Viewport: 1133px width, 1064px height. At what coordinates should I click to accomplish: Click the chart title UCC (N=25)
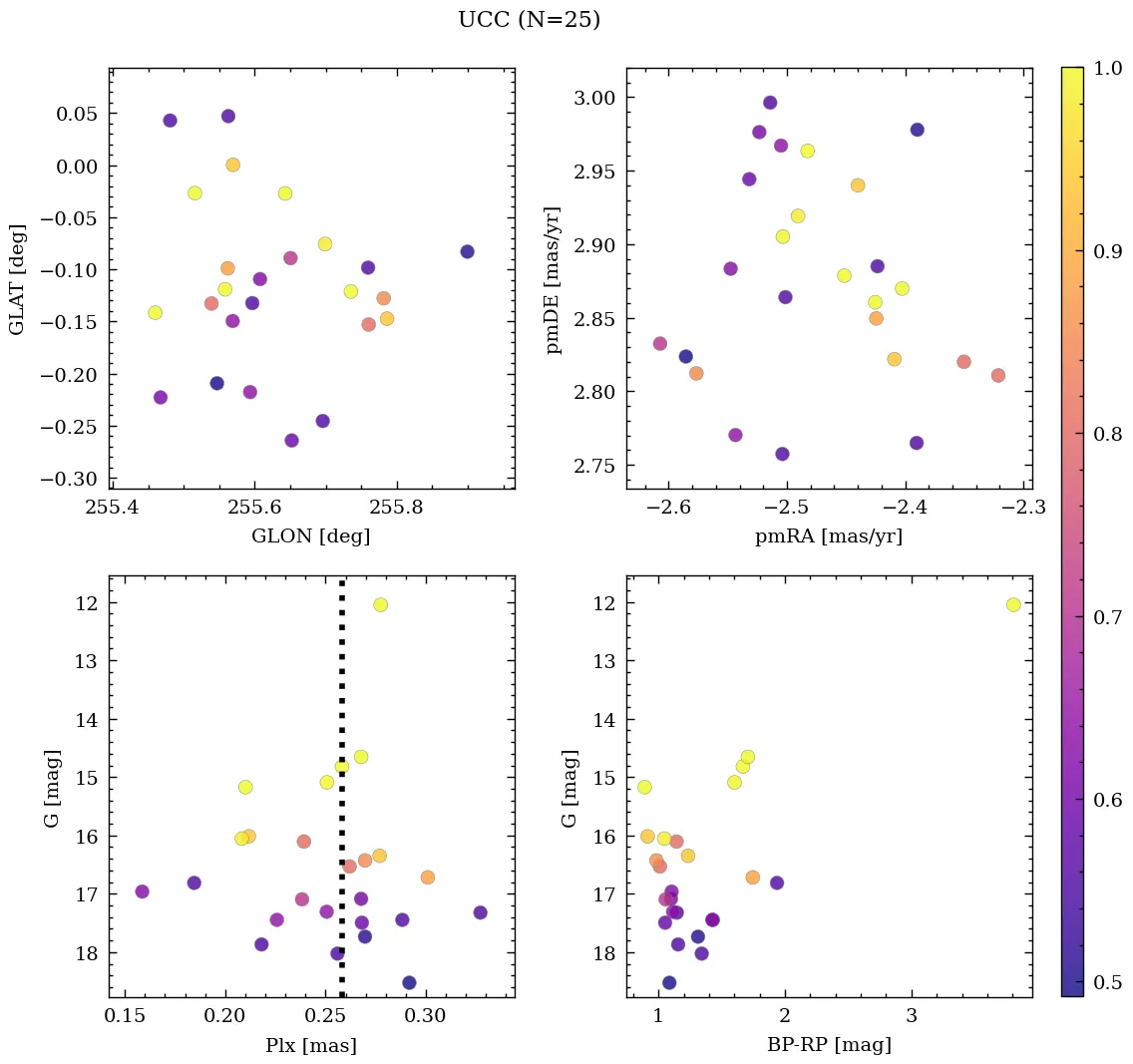pyautogui.click(x=529, y=20)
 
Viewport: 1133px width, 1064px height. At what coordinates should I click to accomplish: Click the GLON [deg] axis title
pyautogui.click(x=311, y=536)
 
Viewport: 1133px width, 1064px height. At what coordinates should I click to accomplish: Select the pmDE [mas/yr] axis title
pyautogui.click(x=555, y=280)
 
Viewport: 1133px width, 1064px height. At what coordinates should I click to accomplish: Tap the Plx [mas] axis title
pyautogui.click(x=311, y=1045)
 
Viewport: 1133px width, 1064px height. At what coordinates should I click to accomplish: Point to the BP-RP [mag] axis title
pyautogui.click(x=829, y=1045)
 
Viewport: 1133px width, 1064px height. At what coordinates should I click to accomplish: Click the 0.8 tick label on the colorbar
pyautogui.click(x=1108, y=434)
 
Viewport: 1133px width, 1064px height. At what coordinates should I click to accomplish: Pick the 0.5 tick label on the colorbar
pyautogui.click(x=1108, y=982)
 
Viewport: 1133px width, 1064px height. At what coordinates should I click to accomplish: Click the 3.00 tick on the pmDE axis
pyautogui.click(x=594, y=98)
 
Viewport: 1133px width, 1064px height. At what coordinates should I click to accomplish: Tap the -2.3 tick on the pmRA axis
pyautogui.click(x=1019, y=509)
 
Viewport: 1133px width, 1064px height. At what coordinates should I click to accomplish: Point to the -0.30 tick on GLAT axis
pyautogui.click(x=76, y=479)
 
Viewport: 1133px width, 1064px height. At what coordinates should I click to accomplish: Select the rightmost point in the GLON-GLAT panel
pyautogui.click(x=467, y=251)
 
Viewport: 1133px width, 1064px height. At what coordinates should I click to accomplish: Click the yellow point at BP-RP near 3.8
pyautogui.click(x=1013, y=604)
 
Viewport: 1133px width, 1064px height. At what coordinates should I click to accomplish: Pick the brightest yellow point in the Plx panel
pyautogui.click(x=380, y=604)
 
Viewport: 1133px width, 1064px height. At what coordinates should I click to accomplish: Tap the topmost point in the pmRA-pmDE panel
pyautogui.click(x=770, y=103)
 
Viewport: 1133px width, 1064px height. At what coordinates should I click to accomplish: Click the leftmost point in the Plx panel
pyautogui.click(x=142, y=891)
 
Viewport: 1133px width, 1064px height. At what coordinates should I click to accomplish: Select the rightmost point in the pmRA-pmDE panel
pyautogui.click(x=998, y=375)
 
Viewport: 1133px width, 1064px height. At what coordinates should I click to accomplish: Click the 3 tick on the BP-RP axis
pyautogui.click(x=912, y=1017)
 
